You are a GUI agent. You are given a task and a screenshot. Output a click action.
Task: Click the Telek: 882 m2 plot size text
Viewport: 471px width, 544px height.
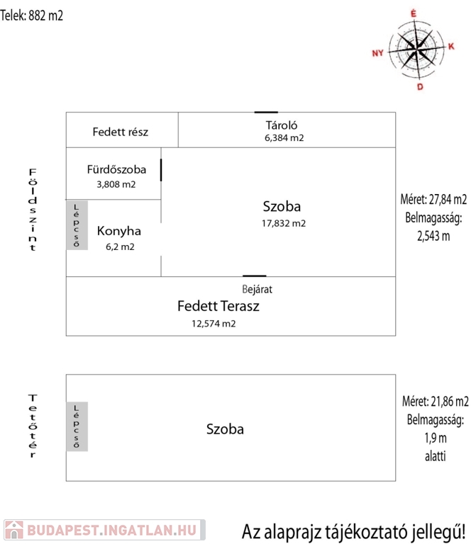point(32,16)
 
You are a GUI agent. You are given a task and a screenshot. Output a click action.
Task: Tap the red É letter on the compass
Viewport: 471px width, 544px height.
point(413,13)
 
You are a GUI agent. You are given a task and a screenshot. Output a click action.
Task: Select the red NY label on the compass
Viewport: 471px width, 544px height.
point(377,53)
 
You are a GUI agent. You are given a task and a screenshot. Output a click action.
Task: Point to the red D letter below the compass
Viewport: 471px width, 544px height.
point(420,86)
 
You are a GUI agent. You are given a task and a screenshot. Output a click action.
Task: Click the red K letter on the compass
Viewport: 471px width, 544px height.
point(451,46)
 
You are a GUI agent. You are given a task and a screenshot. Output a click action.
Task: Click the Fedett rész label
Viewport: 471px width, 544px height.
point(120,132)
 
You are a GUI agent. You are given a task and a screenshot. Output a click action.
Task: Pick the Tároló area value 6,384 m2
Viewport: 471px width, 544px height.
point(284,138)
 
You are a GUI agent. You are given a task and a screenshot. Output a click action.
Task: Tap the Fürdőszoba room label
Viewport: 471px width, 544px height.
point(116,169)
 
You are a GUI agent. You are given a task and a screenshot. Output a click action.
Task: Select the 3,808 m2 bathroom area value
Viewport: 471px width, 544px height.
point(116,184)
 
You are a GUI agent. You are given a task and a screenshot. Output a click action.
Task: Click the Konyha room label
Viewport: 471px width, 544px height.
point(118,231)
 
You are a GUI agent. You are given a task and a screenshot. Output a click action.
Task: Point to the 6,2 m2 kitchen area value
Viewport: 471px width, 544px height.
point(120,246)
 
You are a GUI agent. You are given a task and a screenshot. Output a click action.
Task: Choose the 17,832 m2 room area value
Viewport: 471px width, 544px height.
point(284,223)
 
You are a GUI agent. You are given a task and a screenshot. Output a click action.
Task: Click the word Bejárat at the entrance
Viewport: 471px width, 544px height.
point(257,289)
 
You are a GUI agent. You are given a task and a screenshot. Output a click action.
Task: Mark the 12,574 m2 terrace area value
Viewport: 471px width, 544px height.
point(214,323)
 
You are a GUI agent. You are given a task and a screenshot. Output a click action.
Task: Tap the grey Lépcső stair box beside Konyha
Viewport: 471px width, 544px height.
point(77,225)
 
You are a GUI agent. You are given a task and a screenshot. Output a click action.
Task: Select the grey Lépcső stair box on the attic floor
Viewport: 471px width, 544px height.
point(77,426)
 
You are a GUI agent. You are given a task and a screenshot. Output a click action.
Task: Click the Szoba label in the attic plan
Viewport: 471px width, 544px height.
point(225,429)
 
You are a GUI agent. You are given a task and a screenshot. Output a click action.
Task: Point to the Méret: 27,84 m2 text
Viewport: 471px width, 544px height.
point(433,200)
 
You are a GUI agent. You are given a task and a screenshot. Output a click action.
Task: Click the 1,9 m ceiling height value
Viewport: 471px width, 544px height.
point(436,438)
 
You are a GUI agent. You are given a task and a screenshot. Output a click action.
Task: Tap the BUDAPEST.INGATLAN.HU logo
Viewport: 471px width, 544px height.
point(104,530)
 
